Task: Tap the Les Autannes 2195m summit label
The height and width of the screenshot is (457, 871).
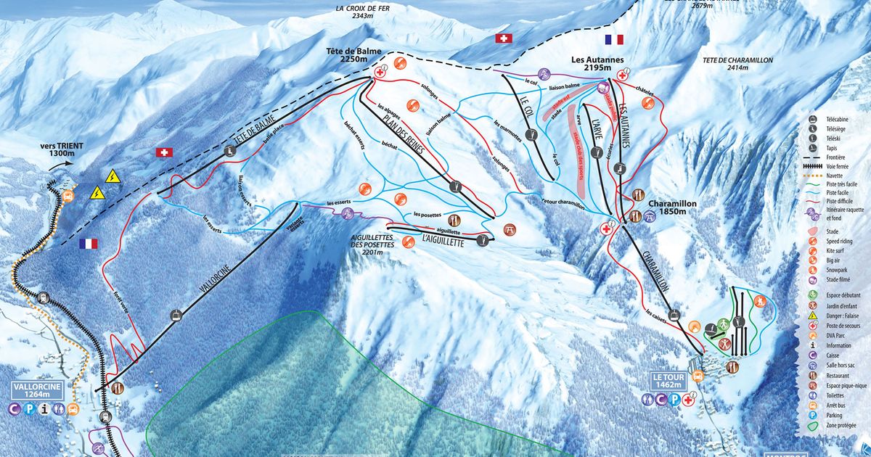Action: pyautogui.click(x=597, y=64)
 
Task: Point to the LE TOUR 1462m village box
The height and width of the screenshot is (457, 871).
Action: pyautogui.click(x=668, y=382)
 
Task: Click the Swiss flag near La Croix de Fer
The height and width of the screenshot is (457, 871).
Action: pyautogui.click(x=503, y=38)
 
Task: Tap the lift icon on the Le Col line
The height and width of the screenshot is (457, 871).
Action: pyautogui.click(x=532, y=133)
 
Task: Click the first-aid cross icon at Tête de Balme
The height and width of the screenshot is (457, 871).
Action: pyautogui.click(x=380, y=75)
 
